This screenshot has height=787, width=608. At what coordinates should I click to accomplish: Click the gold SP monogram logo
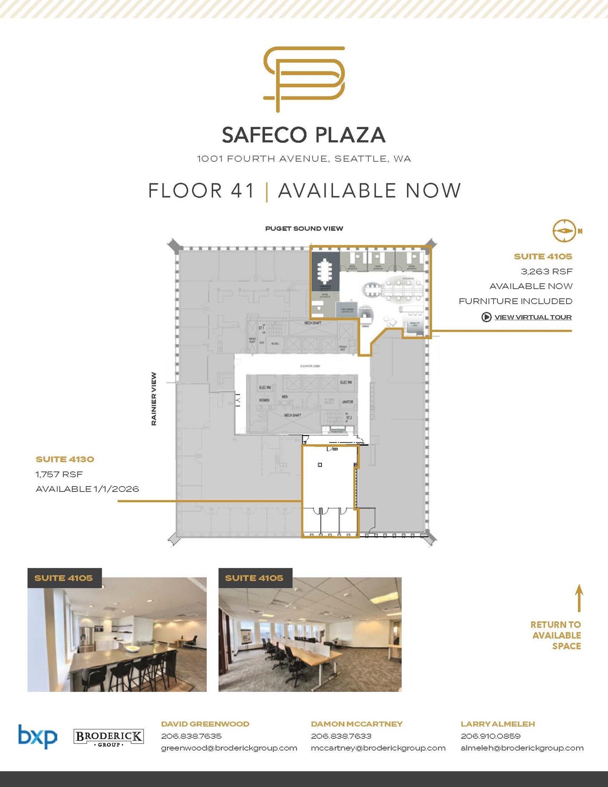(304, 79)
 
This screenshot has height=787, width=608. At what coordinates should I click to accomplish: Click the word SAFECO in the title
(264, 135)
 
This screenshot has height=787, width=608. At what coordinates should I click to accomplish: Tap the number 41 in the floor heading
(243, 191)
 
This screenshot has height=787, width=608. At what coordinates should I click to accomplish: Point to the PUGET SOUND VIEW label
(304, 229)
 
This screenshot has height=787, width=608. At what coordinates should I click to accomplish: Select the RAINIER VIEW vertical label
(154, 398)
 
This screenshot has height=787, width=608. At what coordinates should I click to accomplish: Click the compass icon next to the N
(564, 231)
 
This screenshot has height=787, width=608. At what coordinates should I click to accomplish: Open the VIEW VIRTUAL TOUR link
(533, 317)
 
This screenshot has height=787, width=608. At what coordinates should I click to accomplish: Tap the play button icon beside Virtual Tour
(486, 317)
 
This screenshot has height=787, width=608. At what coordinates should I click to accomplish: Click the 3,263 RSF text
(546, 271)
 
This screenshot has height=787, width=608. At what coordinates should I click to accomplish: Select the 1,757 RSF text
(59, 474)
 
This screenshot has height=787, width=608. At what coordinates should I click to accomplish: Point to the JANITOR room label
(347, 402)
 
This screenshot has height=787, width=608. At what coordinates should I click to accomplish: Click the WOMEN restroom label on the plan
(264, 400)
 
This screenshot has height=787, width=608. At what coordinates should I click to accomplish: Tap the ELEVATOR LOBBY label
(310, 366)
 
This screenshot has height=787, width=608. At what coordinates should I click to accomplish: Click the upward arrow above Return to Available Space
(579, 598)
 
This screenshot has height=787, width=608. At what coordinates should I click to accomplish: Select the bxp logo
(38, 736)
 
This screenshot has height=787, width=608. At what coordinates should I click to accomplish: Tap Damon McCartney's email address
(378, 748)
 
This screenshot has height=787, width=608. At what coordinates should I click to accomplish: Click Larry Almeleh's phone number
(490, 736)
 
